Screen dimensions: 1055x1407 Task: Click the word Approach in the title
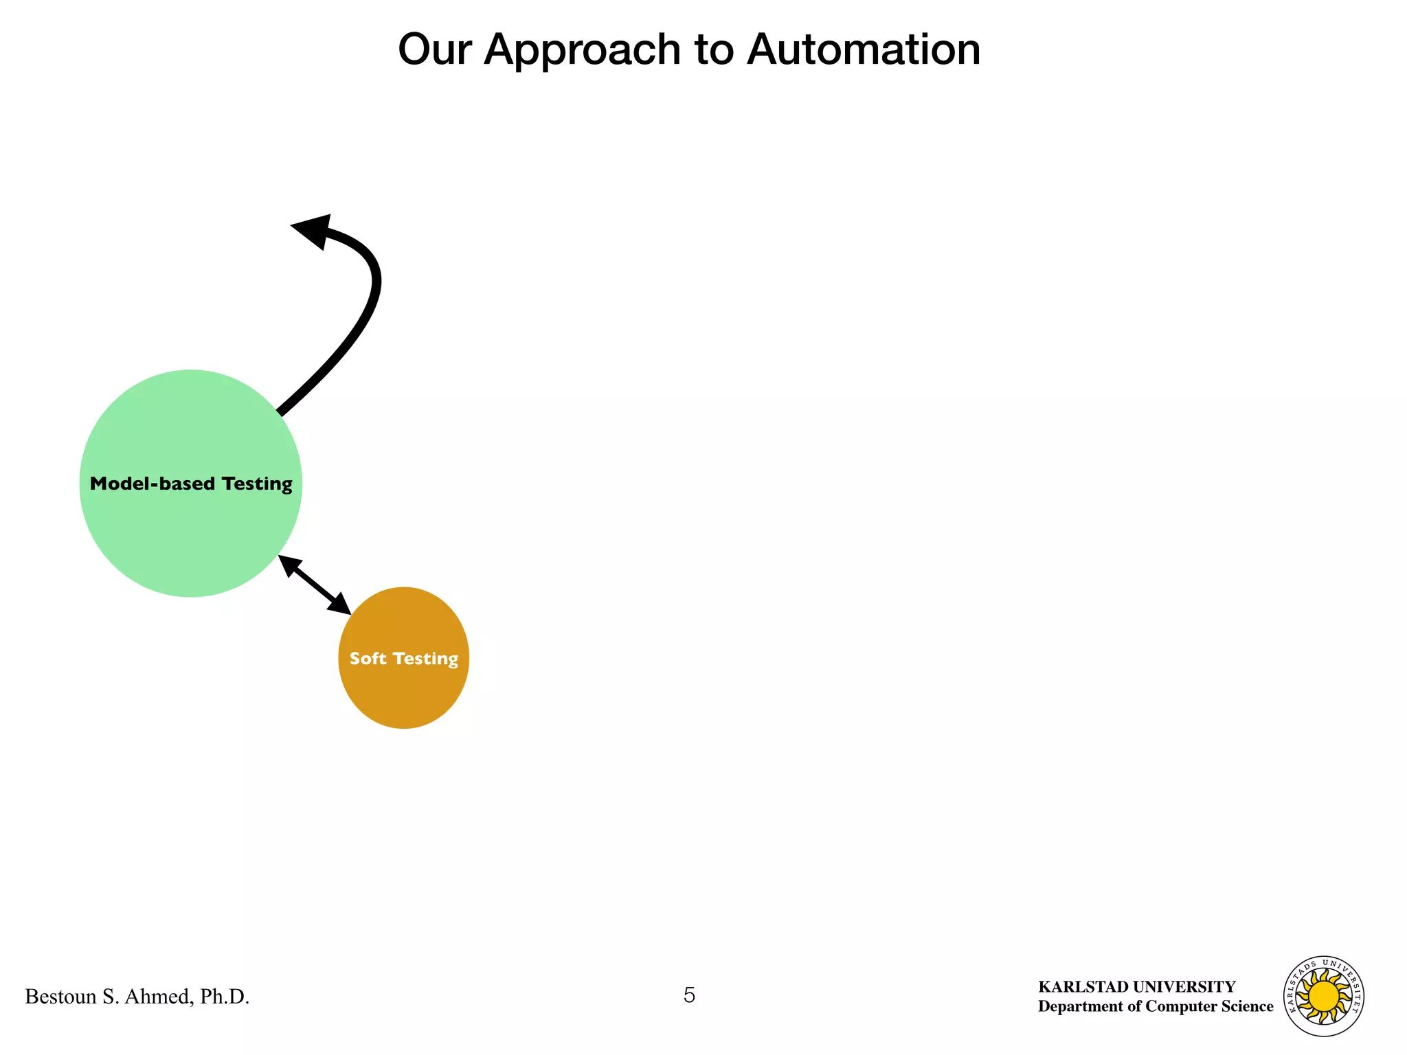tap(581, 51)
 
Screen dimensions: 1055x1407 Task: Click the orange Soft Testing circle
tap(404, 694)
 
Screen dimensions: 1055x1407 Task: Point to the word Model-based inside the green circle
tap(153, 484)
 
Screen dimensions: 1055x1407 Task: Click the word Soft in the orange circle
tap(368, 659)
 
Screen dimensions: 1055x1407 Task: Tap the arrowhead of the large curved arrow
tap(314, 229)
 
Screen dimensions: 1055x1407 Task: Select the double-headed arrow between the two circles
tap(315, 585)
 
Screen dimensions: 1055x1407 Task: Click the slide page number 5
tap(689, 995)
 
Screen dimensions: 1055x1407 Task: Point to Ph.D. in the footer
tap(225, 997)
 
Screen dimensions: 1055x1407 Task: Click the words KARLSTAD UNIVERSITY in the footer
tap(1136, 987)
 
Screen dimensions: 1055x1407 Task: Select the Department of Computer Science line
tap(1155, 1006)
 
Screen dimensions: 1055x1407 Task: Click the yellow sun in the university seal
tap(1324, 996)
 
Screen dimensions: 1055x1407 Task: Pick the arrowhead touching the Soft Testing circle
tap(340, 604)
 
